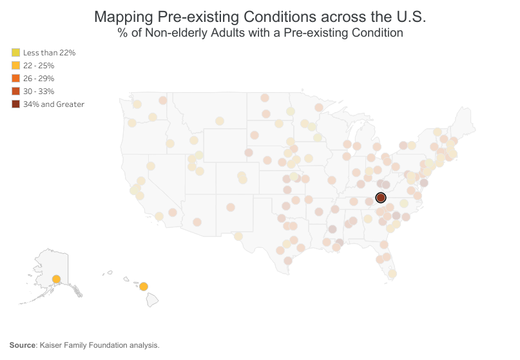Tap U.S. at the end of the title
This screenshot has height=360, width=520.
click(x=410, y=17)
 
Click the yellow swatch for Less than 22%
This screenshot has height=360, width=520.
click(x=15, y=52)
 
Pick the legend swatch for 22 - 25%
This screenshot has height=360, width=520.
click(x=15, y=65)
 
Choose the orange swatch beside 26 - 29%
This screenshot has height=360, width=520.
click(x=15, y=78)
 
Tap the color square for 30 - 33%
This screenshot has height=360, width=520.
click(x=15, y=91)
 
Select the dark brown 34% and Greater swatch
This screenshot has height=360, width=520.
click(x=15, y=104)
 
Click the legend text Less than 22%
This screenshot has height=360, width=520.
click(x=49, y=53)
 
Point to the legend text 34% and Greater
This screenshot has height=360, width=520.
click(x=53, y=104)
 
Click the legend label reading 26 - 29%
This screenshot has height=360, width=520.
click(x=39, y=79)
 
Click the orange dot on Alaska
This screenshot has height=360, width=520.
click(x=56, y=279)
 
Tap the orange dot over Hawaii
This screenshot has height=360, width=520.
click(x=144, y=287)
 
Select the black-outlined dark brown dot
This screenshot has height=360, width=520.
click(x=380, y=198)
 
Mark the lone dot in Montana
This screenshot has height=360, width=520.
click(x=220, y=121)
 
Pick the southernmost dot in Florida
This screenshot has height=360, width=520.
click(x=392, y=273)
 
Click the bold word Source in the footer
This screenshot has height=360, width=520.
click(x=23, y=345)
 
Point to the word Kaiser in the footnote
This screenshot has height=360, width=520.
click(x=51, y=345)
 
